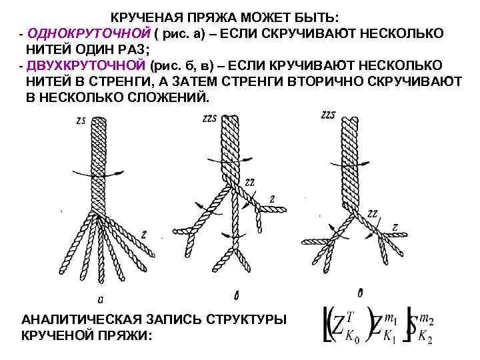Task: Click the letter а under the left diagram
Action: pyautogui.click(x=99, y=297)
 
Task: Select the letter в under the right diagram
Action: pyautogui.click(x=360, y=291)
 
